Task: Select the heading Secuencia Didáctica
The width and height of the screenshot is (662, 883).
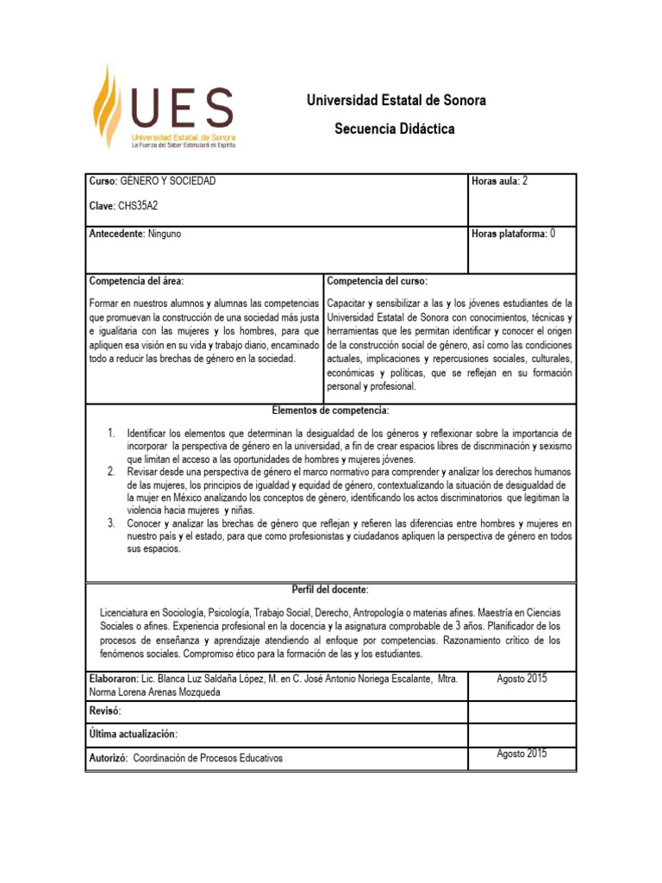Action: [395, 129]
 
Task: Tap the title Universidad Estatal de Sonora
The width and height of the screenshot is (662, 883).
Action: [397, 101]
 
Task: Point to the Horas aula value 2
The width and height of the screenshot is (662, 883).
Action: [525, 182]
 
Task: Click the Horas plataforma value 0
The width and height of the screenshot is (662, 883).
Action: [553, 234]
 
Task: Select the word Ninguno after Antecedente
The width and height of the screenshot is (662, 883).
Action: [165, 234]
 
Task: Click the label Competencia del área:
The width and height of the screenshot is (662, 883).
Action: [136, 282]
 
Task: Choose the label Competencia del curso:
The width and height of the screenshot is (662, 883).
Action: [377, 282]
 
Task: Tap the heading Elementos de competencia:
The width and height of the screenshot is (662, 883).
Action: [331, 410]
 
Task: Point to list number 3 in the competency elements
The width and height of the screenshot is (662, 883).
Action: [112, 523]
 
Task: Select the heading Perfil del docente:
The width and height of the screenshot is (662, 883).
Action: [331, 590]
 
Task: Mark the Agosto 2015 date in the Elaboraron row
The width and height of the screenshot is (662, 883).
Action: [521, 679]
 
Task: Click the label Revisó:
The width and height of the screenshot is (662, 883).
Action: [105, 711]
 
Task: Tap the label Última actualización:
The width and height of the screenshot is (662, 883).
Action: [133, 734]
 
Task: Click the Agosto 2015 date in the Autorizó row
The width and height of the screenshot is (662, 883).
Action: [521, 755]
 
